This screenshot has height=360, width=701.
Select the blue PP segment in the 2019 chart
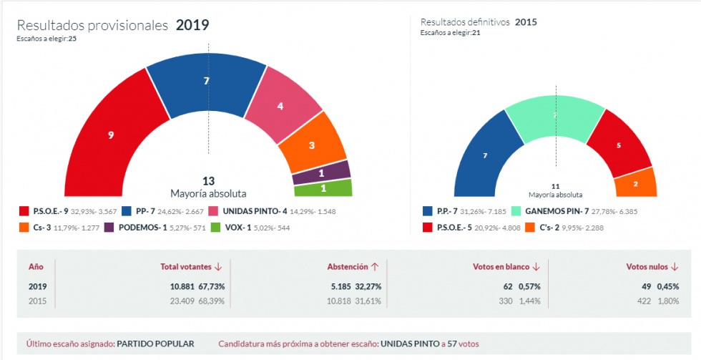click(206, 82)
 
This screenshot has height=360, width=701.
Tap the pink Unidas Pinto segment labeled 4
click(280, 106)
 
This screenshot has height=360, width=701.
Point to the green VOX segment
click(323, 188)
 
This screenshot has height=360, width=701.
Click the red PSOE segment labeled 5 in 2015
click(619, 145)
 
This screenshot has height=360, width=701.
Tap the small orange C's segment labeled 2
click(636, 183)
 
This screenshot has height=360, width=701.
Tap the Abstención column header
click(348, 267)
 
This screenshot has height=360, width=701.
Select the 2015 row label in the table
click(36, 301)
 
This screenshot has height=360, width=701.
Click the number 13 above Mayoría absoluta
click(208, 181)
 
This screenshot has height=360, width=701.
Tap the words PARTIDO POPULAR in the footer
click(155, 344)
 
